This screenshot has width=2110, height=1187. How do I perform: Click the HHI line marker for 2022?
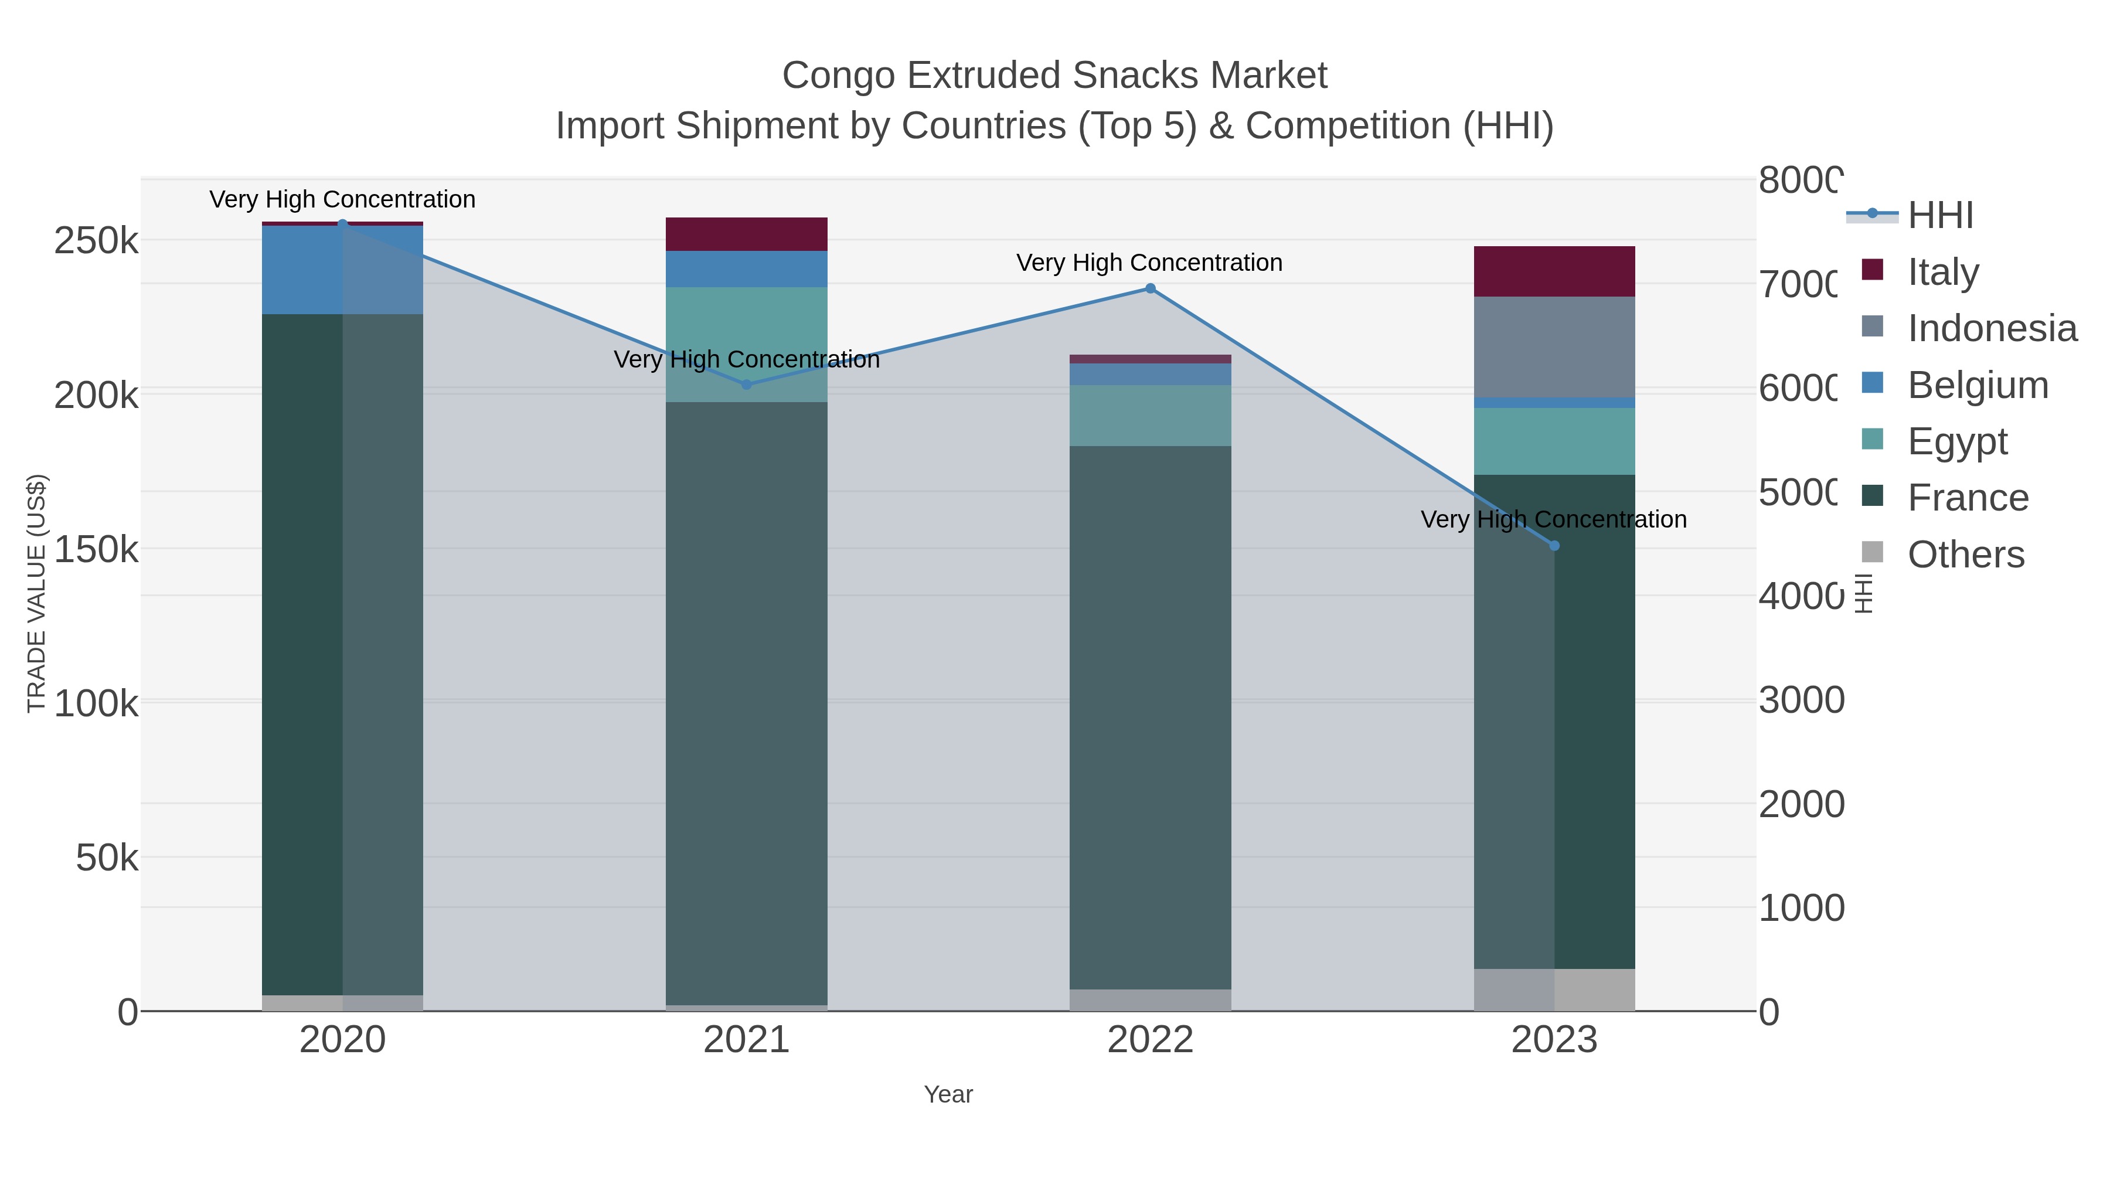click(x=1150, y=288)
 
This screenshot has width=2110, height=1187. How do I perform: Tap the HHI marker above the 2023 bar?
click(x=1554, y=546)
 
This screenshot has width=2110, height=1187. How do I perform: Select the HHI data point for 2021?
click(x=746, y=384)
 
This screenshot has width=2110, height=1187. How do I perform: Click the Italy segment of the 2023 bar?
click(x=1554, y=271)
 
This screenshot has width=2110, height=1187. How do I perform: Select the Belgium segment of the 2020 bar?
click(x=342, y=270)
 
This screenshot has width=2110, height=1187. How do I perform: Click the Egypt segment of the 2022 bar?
click(x=1150, y=416)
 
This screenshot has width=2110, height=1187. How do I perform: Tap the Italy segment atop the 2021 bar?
click(x=746, y=234)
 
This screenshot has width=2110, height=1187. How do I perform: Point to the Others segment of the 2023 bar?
click(x=1554, y=989)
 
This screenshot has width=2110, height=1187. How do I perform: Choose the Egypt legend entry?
click(x=1957, y=441)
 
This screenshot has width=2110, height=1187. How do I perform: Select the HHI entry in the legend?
click(x=1939, y=216)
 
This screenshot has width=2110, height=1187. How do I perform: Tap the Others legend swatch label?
click(x=1965, y=555)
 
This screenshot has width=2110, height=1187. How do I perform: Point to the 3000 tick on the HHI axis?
click(x=1801, y=700)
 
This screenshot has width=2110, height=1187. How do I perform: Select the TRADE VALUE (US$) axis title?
click(x=37, y=593)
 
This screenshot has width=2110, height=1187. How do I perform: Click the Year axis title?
click(x=948, y=1094)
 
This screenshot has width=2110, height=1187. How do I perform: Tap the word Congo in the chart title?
click(x=838, y=76)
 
